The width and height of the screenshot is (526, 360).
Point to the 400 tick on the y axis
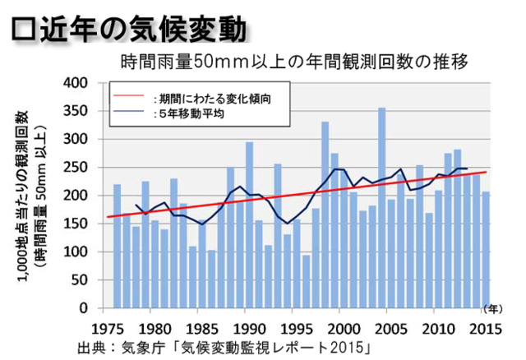pos(76,83)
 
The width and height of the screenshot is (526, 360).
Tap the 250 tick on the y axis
pos(76,168)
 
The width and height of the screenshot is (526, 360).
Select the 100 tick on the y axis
pos(76,252)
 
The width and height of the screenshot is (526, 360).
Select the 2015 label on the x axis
pos(484,324)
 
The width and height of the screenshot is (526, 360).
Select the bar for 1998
pos(325,215)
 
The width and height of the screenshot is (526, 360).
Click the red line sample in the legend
pos(131,97)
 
